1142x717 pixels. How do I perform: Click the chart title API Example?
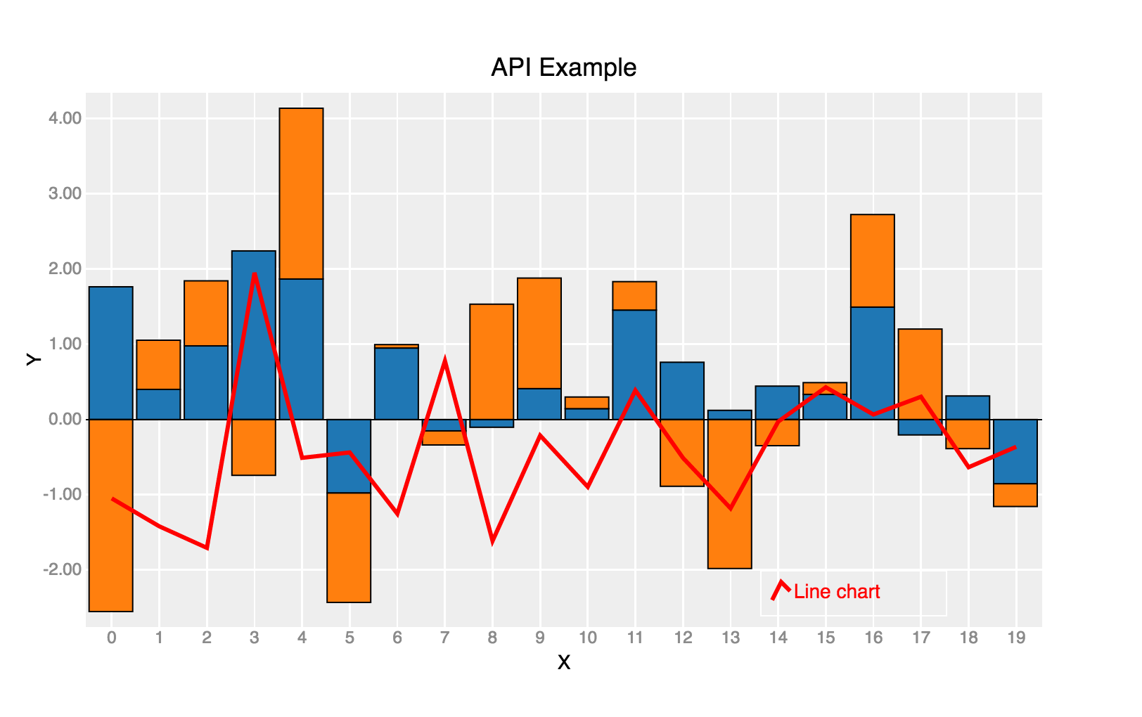tap(563, 67)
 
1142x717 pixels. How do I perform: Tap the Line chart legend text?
tap(837, 592)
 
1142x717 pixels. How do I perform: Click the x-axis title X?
tap(563, 662)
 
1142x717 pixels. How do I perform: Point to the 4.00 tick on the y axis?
tap(65, 118)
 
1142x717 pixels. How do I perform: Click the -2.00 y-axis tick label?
tap(63, 569)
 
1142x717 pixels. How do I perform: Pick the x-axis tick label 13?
tap(731, 638)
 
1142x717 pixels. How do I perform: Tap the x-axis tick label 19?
tap(1016, 638)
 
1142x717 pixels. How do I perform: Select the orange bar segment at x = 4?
tap(301, 193)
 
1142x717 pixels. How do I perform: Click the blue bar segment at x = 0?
tap(111, 353)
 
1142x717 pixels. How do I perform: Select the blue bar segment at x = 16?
tap(873, 363)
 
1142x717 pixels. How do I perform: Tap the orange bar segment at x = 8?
tap(492, 361)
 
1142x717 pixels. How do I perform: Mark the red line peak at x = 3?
tap(254, 273)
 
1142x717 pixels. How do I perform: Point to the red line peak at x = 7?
tap(444, 361)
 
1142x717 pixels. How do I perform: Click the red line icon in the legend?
tap(781, 590)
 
